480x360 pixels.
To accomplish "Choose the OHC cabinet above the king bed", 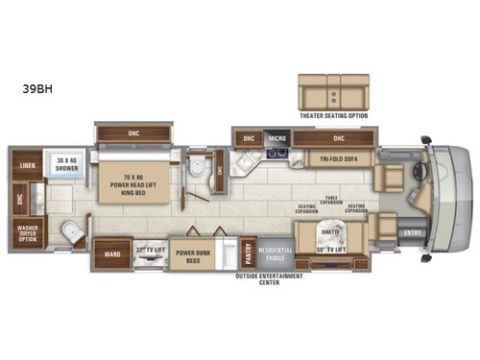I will pyautogui.click(x=132, y=131).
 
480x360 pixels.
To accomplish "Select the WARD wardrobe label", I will pyautogui.click(x=112, y=255).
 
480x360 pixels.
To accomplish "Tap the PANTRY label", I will pyautogui.click(x=247, y=251).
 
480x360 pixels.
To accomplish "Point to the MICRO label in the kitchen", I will pyautogui.click(x=277, y=138).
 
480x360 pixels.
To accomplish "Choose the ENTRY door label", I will pyautogui.click(x=413, y=231).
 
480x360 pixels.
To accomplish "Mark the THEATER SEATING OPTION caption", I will pyautogui.click(x=333, y=114).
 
